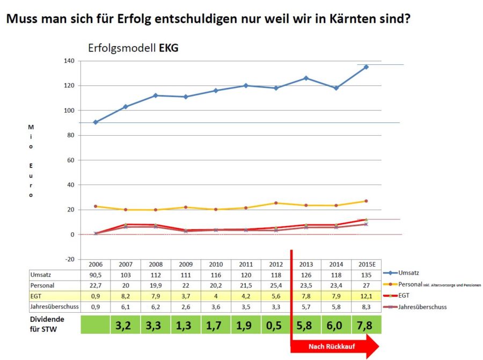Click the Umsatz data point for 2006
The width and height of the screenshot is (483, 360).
tap(96, 122)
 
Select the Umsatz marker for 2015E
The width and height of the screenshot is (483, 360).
tap(366, 67)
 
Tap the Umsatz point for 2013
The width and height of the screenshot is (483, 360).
tap(306, 78)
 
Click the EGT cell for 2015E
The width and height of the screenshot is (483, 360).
tap(366, 296)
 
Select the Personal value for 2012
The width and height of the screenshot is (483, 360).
tap(276, 285)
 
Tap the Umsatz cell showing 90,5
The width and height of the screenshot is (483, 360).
tap(96, 274)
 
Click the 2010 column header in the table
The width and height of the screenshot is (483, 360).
tap(216, 264)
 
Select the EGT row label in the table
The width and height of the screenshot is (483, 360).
tap(38, 296)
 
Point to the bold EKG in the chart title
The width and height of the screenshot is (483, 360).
tap(168, 48)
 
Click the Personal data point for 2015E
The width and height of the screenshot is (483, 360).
tap(366, 201)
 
